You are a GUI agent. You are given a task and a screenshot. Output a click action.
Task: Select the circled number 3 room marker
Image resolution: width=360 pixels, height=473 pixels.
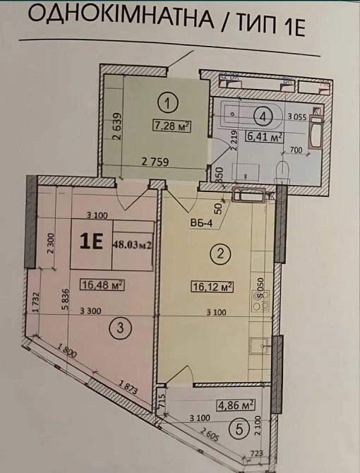tap(121, 327)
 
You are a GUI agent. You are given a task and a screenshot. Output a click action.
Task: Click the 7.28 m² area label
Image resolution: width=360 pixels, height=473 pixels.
tap(172, 127)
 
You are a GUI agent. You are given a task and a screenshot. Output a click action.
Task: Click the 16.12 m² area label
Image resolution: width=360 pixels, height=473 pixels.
tap(212, 287)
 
